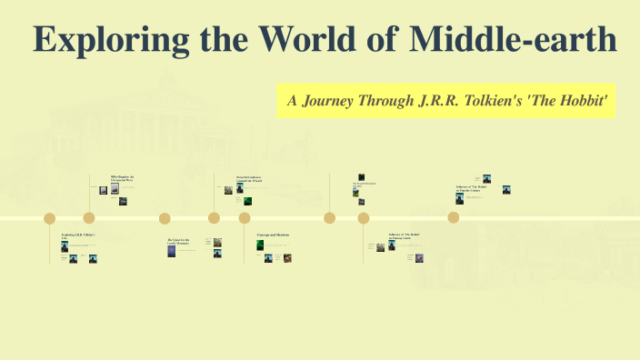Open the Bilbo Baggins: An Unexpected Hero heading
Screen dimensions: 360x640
click(122, 178)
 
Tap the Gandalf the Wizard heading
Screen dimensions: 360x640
click(249, 179)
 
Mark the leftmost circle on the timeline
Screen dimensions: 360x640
click(50, 218)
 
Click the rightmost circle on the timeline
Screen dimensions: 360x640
click(453, 218)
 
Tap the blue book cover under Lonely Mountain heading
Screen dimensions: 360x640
click(171, 250)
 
